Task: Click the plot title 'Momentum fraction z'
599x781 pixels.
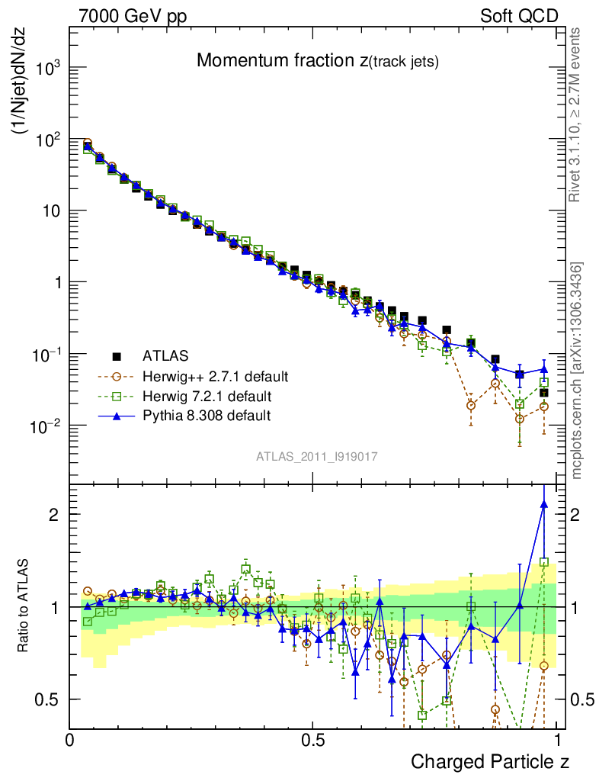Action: click(318, 61)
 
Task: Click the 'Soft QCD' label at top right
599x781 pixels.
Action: click(519, 16)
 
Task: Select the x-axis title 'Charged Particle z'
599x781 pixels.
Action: click(490, 761)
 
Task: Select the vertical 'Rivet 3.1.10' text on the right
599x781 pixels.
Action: click(576, 114)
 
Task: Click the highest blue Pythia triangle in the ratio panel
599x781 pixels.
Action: click(543, 503)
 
